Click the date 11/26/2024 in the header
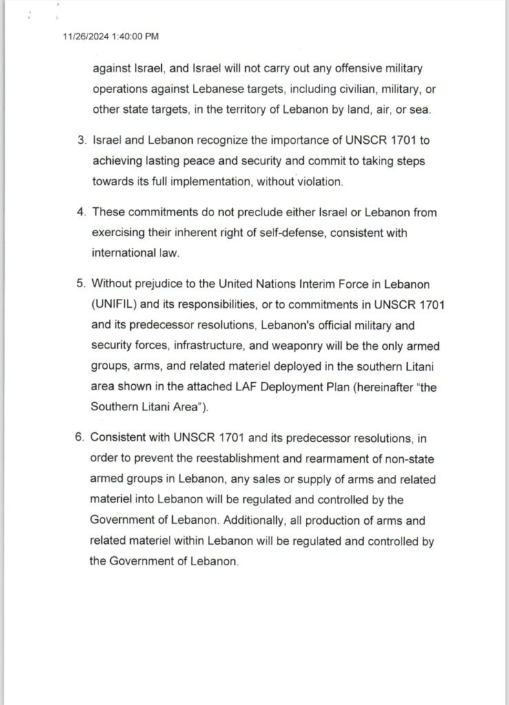(x=84, y=36)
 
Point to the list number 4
(x=81, y=212)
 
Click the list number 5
(x=81, y=284)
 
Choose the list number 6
(x=81, y=437)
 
